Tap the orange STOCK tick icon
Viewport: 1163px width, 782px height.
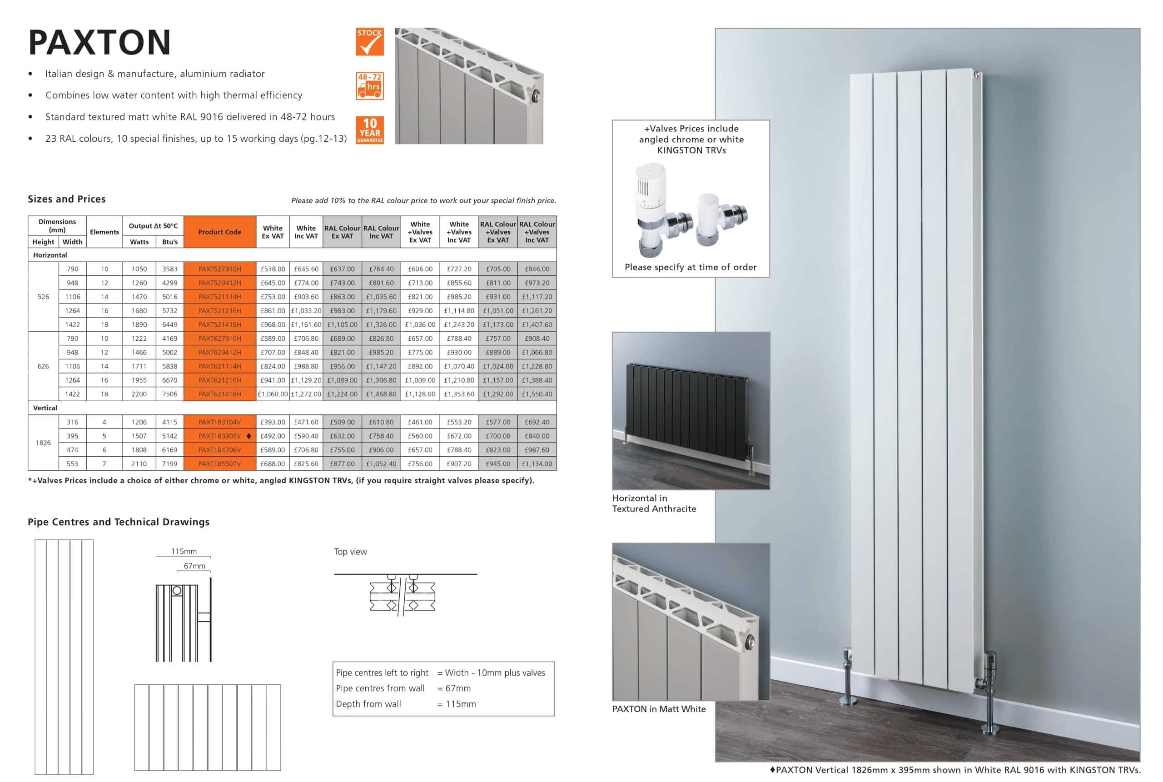(369, 42)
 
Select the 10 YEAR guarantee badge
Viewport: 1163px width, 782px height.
(369, 130)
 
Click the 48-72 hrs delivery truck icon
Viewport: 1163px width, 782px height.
(369, 86)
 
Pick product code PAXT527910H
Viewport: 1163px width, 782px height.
(219, 269)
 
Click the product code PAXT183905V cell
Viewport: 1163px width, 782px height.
(219, 436)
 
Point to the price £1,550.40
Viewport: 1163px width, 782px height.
(537, 394)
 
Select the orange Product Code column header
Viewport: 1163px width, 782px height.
(219, 232)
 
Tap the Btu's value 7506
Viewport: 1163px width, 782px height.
(169, 394)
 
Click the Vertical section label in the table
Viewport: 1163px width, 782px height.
(45, 408)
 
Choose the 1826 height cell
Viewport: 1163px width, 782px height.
(43, 443)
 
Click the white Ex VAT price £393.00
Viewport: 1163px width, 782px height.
(273, 422)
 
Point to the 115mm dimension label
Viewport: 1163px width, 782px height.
(184, 551)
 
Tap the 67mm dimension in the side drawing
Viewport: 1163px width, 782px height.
(194, 566)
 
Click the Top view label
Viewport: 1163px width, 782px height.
(350, 552)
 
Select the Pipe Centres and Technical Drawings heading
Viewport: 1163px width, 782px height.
(119, 522)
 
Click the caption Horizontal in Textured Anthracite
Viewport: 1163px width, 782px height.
(654, 503)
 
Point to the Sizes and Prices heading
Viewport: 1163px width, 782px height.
(67, 199)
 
